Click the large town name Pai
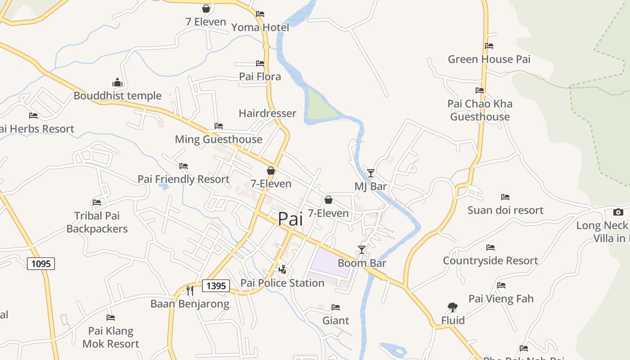tap(290, 219)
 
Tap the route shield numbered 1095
tap(41, 263)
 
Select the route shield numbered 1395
tap(216, 286)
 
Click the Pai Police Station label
tap(282, 283)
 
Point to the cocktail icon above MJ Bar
tap(371, 173)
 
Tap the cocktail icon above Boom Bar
tap(362, 249)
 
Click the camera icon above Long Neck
tap(618, 212)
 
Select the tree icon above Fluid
tap(453, 307)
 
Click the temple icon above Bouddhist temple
tap(117, 82)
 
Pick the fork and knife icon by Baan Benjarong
tap(190, 291)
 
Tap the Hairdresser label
tap(267, 113)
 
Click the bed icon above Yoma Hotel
tap(260, 14)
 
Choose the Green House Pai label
tap(489, 59)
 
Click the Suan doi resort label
tap(505, 210)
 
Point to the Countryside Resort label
tap(490, 261)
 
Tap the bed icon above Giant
tap(336, 307)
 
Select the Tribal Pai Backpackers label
tap(97, 222)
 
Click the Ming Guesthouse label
tap(219, 139)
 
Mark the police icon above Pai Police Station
tap(283, 270)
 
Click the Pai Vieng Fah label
tap(501, 299)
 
